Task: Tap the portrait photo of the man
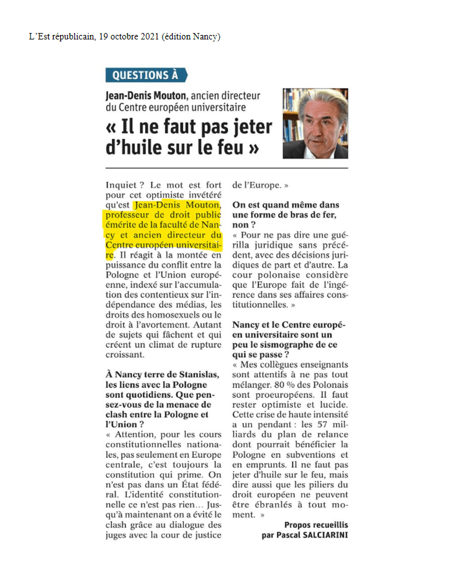coord(315,124)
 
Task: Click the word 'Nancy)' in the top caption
coord(206,36)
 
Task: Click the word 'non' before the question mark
coord(240,224)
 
